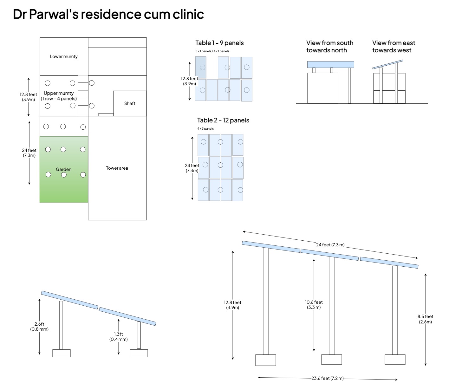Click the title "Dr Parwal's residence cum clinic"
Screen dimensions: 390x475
pyautogui.click(x=108, y=14)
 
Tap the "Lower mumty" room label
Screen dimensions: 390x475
pyautogui.click(x=64, y=56)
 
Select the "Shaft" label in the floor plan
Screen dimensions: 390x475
pyautogui.click(x=130, y=103)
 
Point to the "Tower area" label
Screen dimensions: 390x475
pyautogui.click(x=117, y=168)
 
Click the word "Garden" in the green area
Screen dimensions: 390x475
pyautogui.click(x=63, y=169)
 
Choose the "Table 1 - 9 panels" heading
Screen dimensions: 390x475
pyautogui.click(x=219, y=43)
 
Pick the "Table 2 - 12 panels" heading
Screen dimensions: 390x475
pyautogui.click(x=223, y=120)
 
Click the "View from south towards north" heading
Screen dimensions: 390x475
pyautogui.click(x=329, y=47)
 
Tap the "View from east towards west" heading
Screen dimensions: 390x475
pyautogui.click(x=394, y=47)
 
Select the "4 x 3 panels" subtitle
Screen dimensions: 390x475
pyautogui.click(x=205, y=129)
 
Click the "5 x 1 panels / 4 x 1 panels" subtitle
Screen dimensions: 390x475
pyautogui.click(x=212, y=51)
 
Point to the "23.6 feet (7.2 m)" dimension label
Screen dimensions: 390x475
pyautogui.click(x=328, y=378)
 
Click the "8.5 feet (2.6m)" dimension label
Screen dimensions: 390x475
pyautogui.click(x=425, y=319)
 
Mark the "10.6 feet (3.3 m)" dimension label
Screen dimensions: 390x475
pyautogui.click(x=314, y=305)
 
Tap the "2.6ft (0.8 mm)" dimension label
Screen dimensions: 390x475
pyautogui.click(x=39, y=327)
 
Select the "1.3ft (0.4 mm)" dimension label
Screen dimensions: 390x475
pyautogui.click(x=118, y=337)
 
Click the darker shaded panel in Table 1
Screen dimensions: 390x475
pyautogui.click(x=200, y=67)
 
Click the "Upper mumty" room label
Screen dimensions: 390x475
pyautogui.click(x=59, y=96)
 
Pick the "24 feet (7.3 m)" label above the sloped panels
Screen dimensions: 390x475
pyautogui.click(x=330, y=245)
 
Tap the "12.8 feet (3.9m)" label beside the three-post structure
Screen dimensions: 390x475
pyautogui.click(x=232, y=305)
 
